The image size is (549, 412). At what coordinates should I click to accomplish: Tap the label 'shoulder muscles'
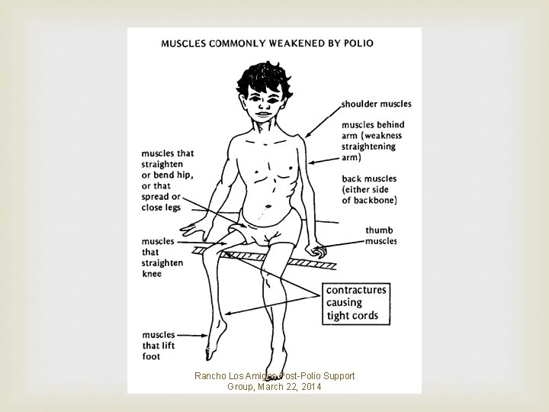pyautogui.click(x=376, y=104)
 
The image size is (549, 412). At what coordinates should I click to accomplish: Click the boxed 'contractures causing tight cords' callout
pyautogui.click(x=356, y=302)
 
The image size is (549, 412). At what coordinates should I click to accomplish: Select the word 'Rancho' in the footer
pyautogui.click(x=210, y=376)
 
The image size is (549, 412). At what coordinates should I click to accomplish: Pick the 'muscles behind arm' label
pyautogui.click(x=372, y=140)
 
